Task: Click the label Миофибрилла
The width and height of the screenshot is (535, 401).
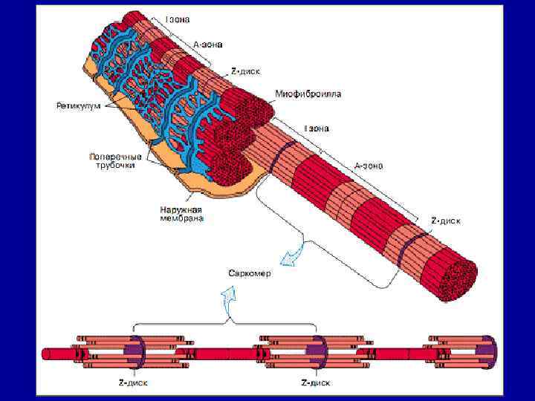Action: (308, 94)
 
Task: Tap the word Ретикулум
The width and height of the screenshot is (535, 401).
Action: (79, 106)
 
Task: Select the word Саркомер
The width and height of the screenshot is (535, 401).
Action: (250, 273)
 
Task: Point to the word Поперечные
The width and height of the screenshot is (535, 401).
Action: (115, 157)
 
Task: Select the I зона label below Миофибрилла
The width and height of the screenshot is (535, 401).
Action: (315, 128)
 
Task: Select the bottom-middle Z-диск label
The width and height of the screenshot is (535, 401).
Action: (315, 383)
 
